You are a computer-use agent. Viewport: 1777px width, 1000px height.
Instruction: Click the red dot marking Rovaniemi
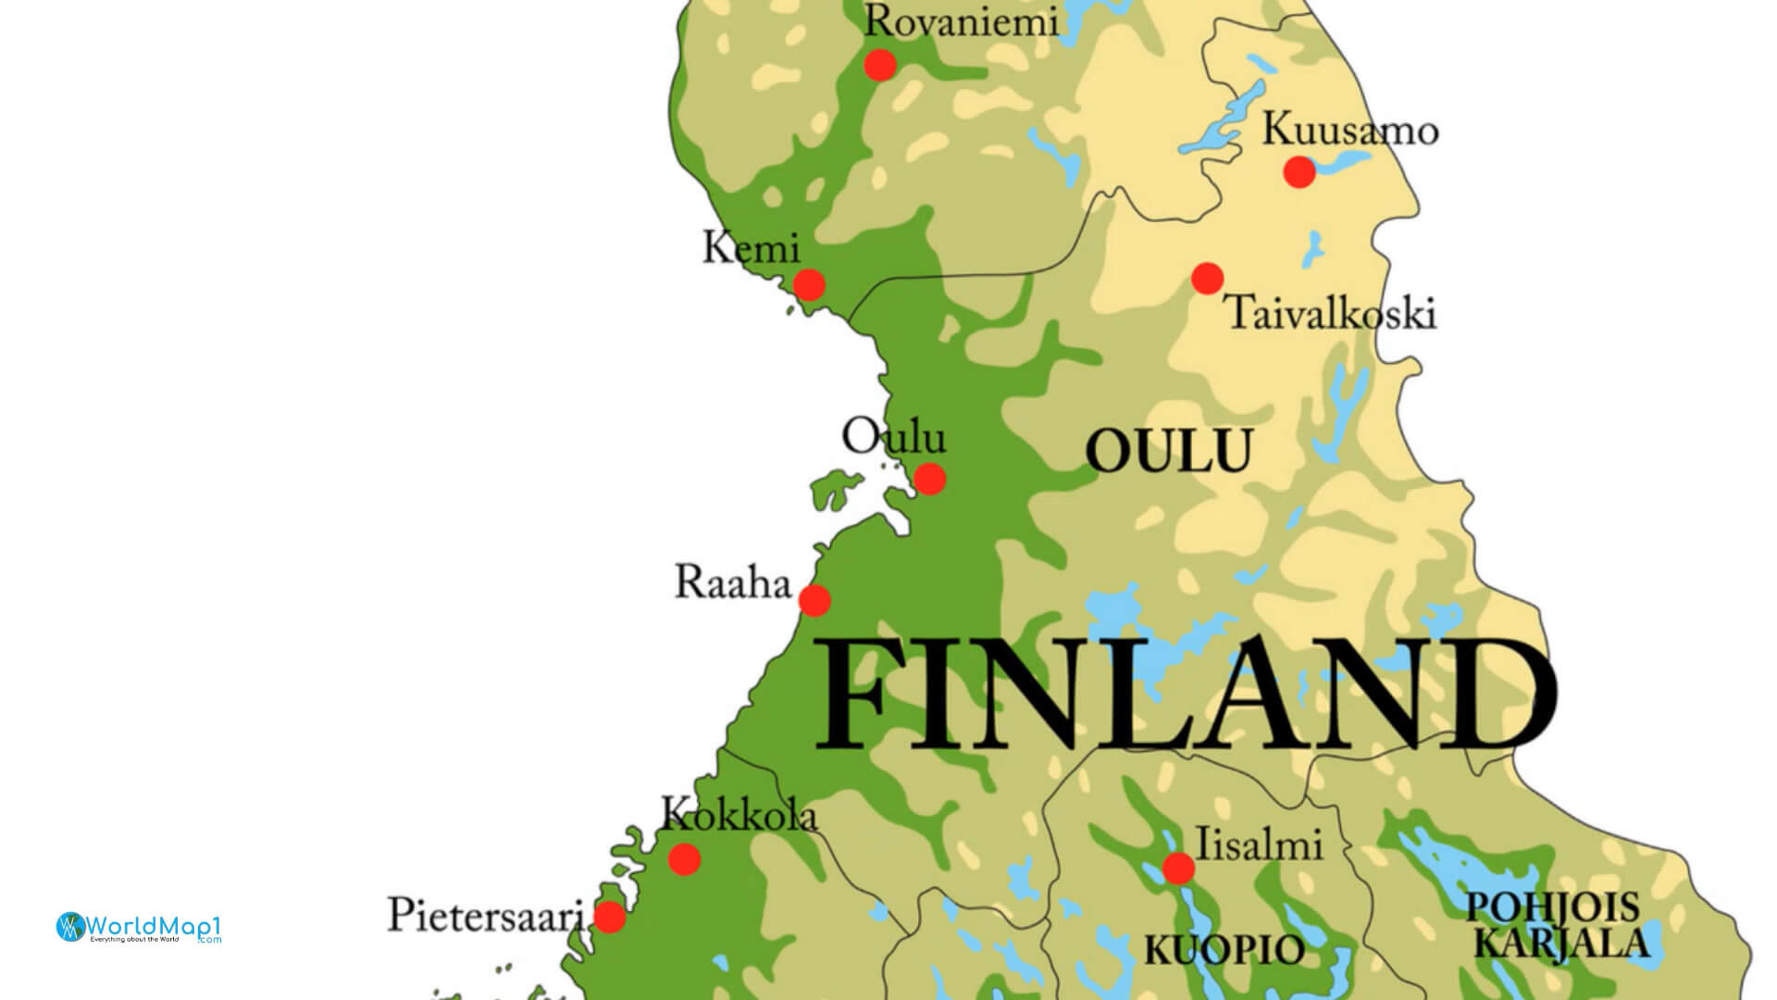[x=879, y=65]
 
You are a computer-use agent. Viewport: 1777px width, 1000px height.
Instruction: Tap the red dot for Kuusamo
[x=1299, y=171]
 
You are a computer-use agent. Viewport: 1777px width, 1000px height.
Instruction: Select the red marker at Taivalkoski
[x=1207, y=278]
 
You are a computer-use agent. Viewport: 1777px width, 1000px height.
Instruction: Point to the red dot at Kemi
[x=809, y=284]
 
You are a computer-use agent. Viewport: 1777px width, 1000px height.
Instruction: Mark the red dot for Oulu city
[x=929, y=479]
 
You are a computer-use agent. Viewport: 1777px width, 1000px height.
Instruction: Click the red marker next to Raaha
[x=814, y=601]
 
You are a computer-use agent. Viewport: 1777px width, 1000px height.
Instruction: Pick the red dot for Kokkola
[x=684, y=859]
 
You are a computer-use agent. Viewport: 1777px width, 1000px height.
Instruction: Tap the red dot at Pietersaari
[x=609, y=917]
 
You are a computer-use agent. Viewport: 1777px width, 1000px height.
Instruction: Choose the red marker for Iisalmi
[x=1178, y=869]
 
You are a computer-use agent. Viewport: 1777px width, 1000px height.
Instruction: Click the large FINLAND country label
[x=1185, y=694]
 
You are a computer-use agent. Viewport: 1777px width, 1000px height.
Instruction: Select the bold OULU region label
[x=1168, y=451]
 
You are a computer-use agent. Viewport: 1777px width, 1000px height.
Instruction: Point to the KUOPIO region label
[x=1224, y=949]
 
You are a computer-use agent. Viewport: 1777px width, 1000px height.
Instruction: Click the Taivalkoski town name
[x=1331, y=313]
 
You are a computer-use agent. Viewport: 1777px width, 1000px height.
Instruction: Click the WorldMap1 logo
[x=139, y=927]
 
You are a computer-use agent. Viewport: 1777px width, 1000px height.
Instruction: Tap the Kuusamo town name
[x=1350, y=131]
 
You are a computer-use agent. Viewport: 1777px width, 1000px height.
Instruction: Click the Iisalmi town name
[x=1260, y=844]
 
